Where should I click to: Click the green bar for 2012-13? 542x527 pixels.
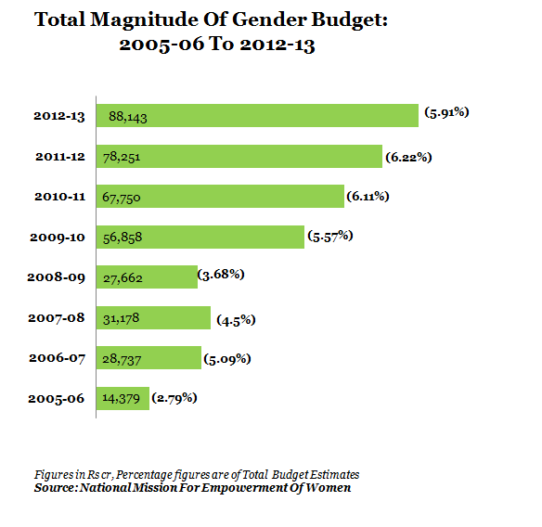pyautogui.click(x=257, y=115)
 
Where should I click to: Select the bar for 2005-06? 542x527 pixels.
pyautogui.click(x=123, y=398)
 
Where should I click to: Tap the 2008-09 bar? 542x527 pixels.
pyautogui.click(x=147, y=276)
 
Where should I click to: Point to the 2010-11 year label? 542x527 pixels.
pyautogui.click(x=59, y=197)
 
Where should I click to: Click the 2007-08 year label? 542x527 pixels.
pyautogui.click(x=57, y=318)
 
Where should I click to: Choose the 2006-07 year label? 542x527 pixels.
pyautogui.click(x=57, y=358)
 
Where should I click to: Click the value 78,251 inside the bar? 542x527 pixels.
pyautogui.click(x=122, y=158)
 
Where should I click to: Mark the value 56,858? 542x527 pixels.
pyautogui.click(x=123, y=238)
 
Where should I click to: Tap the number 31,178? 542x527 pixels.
pyautogui.click(x=121, y=318)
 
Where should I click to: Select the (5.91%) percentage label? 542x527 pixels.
pyautogui.click(x=446, y=112)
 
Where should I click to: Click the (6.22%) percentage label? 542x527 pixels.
pyautogui.click(x=408, y=157)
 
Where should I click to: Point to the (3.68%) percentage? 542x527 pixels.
pyautogui.click(x=221, y=275)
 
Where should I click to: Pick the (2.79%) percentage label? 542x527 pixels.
pyautogui.click(x=174, y=398)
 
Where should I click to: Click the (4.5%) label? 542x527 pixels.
pyautogui.click(x=236, y=320)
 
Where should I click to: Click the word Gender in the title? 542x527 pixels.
pyautogui.click(x=269, y=19)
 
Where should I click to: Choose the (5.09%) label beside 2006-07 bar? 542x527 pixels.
pyautogui.click(x=227, y=359)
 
